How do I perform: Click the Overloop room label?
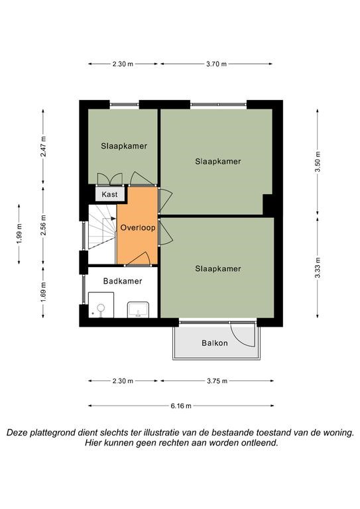coord(138,227)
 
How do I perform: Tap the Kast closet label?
coord(109,194)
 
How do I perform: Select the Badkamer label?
coord(123,281)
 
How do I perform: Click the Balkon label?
coord(215,343)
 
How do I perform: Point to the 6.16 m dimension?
coord(181,406)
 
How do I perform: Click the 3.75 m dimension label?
coord(217,381)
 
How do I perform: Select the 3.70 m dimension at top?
coord(217,64)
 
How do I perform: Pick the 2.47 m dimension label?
coord(43,146)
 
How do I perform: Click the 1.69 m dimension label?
coord(43,292)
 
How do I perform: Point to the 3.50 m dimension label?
coord(318,162)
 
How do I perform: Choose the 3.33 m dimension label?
coord(318,268)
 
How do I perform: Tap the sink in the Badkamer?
coord(138,310)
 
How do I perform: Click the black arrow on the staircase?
coord(113,219)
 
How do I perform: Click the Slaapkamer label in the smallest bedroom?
coord(124,146)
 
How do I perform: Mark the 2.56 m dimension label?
coord(43,225)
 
